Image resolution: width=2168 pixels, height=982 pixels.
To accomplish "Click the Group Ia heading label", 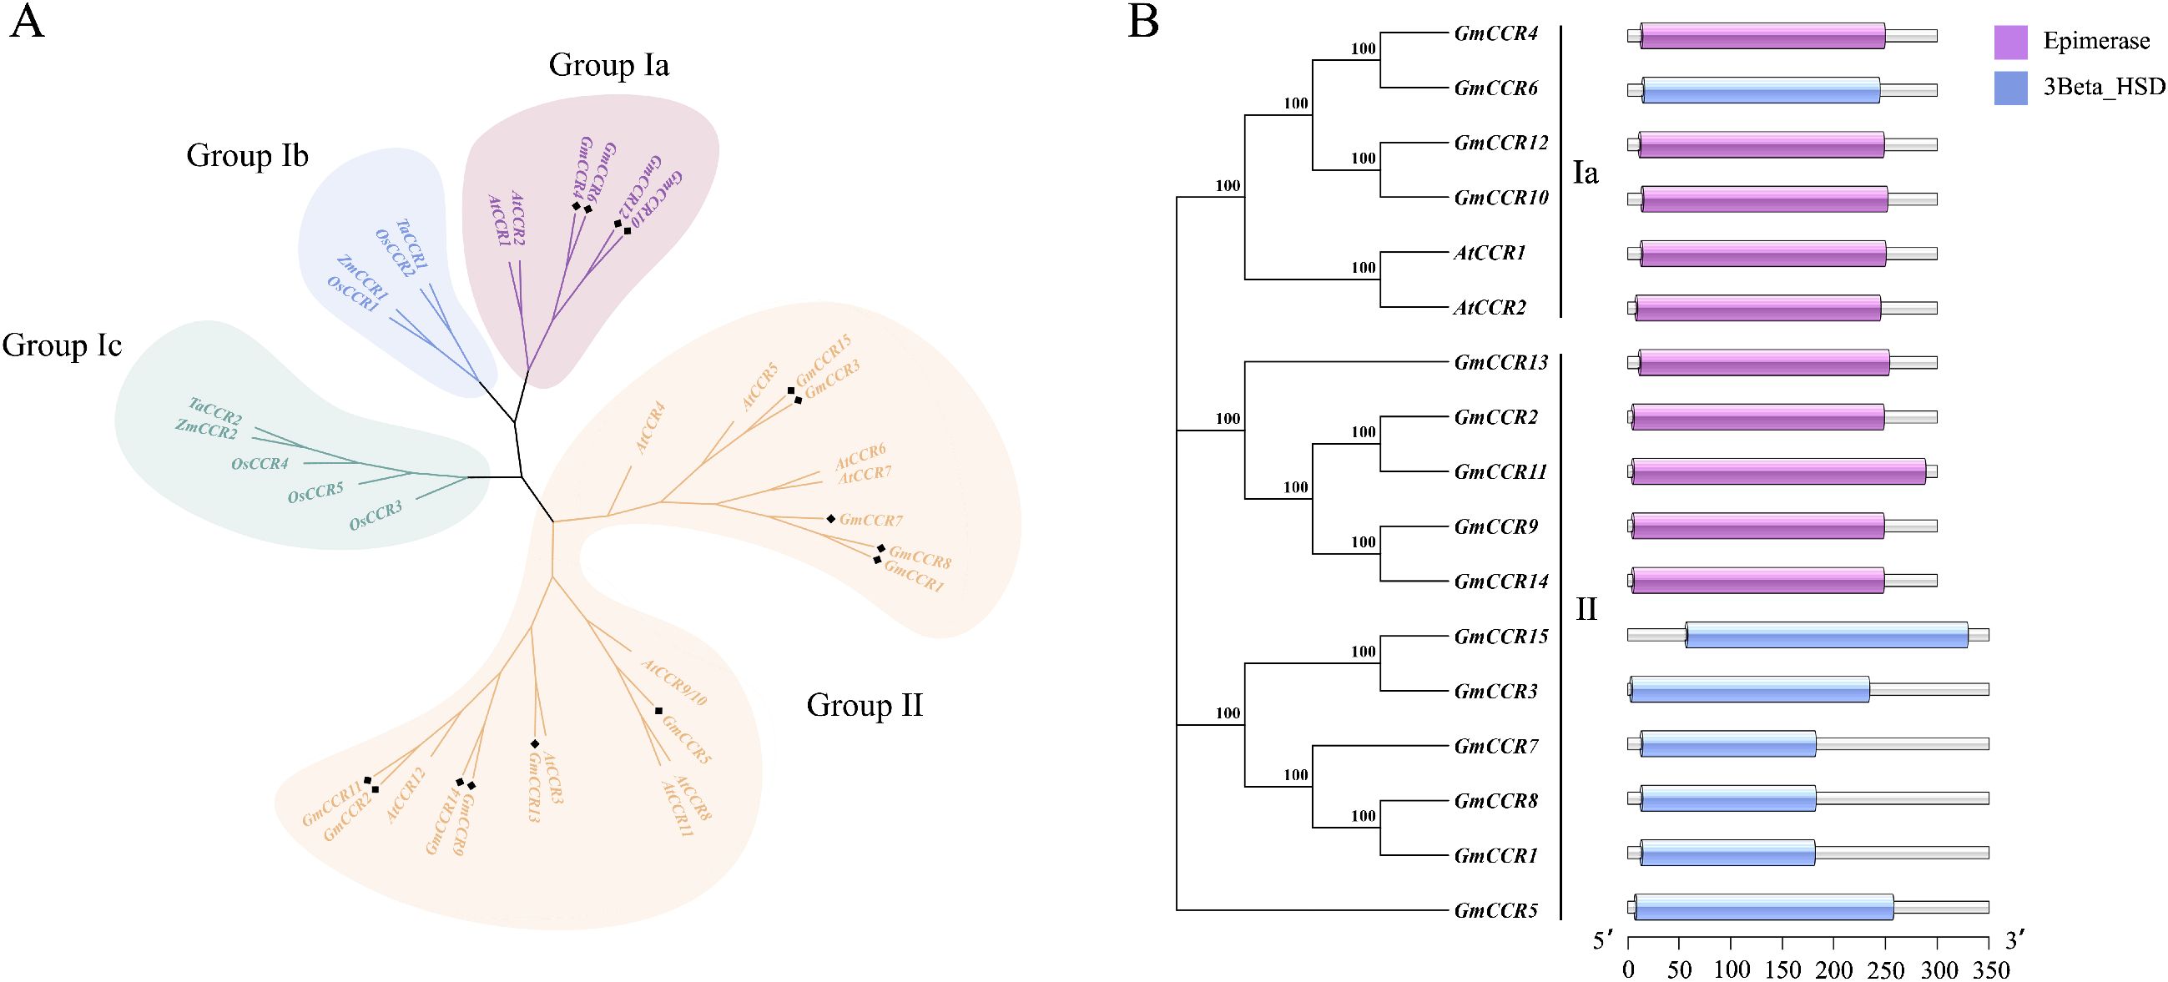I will [608, 65].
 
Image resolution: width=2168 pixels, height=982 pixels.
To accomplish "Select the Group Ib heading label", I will [248, 156].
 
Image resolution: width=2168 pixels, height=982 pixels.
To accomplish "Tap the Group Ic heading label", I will [63, 345].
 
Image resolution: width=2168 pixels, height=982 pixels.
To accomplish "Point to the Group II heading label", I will [865, 705].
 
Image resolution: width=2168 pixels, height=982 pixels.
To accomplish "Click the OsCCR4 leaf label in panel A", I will [260, 464].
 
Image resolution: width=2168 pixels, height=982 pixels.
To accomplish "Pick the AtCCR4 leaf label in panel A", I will [651, 429].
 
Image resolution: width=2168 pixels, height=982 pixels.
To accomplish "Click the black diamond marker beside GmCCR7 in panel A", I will [830, 519].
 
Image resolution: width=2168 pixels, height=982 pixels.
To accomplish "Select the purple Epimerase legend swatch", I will [2010, 42].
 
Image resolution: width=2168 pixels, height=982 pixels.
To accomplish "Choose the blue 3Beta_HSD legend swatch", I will [2010, 88].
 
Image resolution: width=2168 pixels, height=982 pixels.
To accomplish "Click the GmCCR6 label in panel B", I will [1495, 89].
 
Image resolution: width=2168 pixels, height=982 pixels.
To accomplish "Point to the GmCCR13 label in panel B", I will [1500, 364].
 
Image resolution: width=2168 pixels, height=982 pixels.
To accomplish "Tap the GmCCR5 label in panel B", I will [1495, 910].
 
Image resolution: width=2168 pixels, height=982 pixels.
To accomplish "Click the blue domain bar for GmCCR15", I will [1827, 634].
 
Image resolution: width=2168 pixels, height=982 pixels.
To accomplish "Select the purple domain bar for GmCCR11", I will [1778, 471].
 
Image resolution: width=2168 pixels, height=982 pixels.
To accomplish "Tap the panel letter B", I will [1143, 23].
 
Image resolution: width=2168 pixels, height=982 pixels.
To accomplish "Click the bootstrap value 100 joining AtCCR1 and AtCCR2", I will [1364, 269].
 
